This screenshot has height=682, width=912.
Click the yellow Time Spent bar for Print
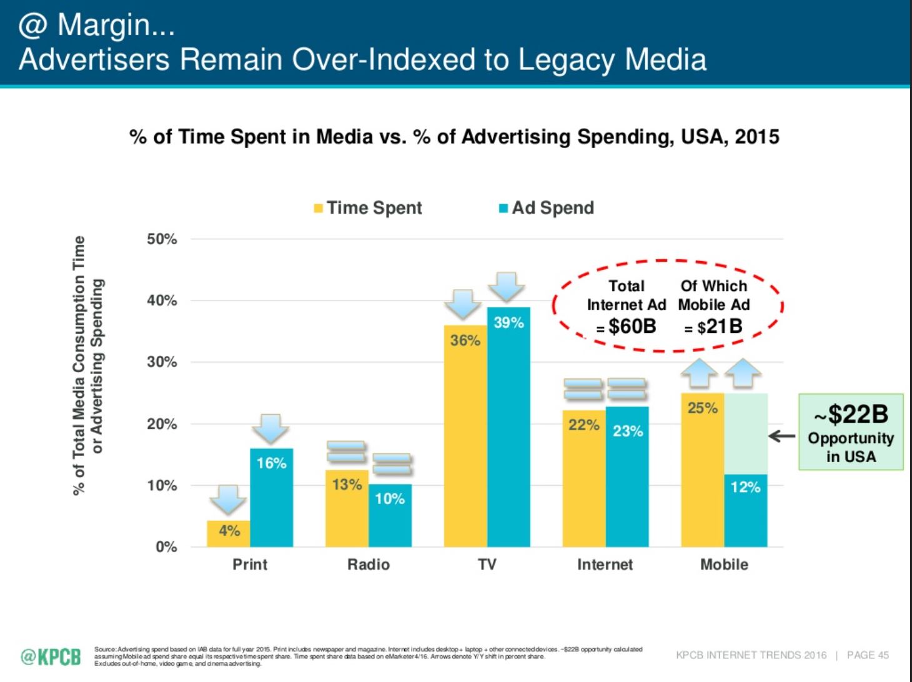228,534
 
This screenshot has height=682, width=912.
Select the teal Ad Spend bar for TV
508,437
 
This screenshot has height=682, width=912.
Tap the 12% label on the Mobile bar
745,487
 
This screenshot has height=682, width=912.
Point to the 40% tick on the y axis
162,300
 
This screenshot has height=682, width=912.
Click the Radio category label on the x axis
369,565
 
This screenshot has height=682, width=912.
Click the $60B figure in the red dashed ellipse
632,326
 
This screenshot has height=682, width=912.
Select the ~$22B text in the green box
851,414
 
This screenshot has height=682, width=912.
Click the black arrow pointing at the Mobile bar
781,437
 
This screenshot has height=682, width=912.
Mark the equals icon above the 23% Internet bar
627,388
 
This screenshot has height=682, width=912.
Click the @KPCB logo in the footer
51,656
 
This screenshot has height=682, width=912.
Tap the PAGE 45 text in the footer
868,655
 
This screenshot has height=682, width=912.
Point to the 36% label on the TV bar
465,340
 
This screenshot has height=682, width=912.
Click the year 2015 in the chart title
756,137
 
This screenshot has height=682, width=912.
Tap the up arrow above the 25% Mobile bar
699,373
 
